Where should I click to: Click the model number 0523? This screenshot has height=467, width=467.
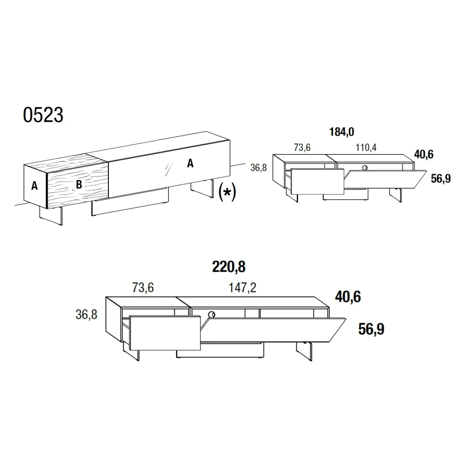(43, 115)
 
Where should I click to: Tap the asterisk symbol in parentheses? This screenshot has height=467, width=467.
(227, 192)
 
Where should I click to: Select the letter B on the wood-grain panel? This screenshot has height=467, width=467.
(79, 184)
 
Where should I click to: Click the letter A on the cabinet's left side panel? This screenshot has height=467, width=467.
(35, 185)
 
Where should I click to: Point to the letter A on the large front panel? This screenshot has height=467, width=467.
(191, 163)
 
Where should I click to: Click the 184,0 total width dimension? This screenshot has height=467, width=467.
(342, 132)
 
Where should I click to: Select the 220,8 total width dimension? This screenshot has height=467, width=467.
(229, 267)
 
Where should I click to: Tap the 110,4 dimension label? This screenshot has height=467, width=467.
(366, 147)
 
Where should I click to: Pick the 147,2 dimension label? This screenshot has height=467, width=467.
(242, 287)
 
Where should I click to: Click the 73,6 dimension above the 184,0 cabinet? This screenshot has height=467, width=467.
(302, 147)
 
